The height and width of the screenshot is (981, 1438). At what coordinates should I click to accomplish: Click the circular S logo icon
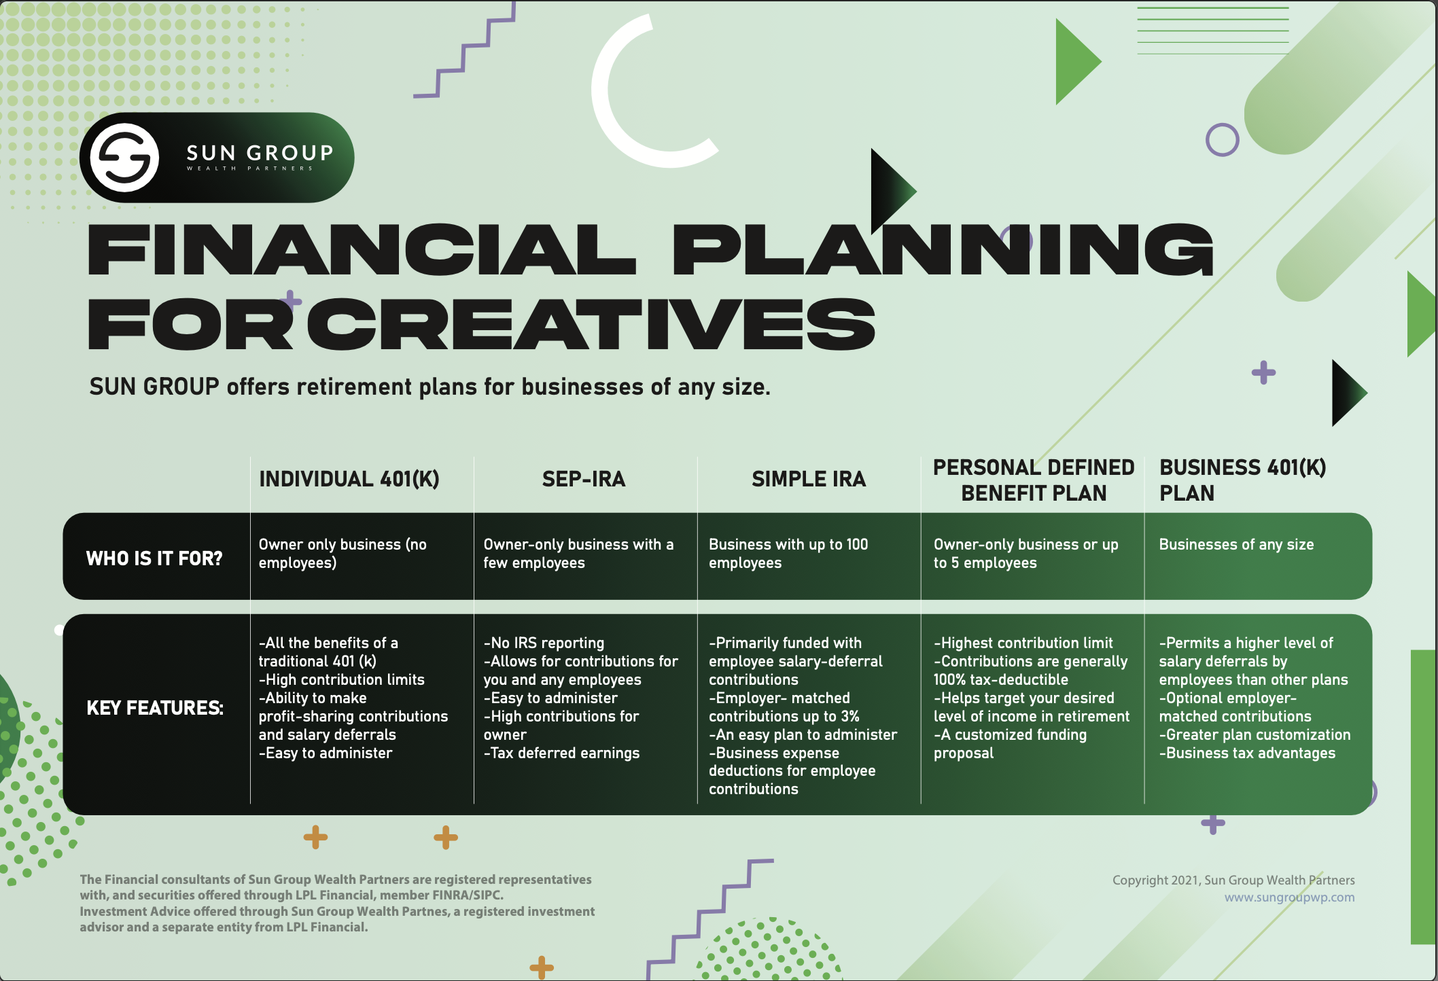[x=125, y=158]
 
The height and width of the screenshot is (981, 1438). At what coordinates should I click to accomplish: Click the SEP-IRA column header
[x=583, y=479]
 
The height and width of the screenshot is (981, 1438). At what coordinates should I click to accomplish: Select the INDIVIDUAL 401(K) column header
[x=349, y=479]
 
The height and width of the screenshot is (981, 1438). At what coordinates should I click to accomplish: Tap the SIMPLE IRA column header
[x=808, y=479]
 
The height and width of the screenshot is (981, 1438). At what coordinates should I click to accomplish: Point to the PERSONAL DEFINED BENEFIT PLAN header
[x=1033, y=480]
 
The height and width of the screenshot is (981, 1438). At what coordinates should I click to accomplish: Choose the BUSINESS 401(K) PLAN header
[x=1242, y=480]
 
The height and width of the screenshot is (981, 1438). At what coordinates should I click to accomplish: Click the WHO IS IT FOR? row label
[x=154, y=558]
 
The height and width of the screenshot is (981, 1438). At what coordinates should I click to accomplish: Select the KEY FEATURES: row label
[x=155, y=708]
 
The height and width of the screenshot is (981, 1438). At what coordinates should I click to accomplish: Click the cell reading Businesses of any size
[x=1235, y=545]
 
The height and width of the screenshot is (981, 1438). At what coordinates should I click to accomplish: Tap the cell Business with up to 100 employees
[x=788, y=554]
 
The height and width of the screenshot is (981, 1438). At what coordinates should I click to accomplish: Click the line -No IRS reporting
[x=544, y=643]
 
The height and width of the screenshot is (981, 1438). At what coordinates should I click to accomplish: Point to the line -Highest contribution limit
[x=1023, y=643]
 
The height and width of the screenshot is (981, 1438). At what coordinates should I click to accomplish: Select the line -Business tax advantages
[x=1247, y=753]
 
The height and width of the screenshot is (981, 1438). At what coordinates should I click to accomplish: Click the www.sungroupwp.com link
[x=1289, y=897]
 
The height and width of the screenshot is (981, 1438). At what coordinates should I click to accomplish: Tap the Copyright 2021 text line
[x=1233, y=880]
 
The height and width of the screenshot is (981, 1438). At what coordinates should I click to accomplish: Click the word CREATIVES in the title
[x=591, y=325]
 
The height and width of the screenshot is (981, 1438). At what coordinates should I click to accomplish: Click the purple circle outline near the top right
[x=1222, y=140]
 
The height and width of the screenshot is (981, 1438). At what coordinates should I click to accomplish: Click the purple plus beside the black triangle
[x=1263, y=372]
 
